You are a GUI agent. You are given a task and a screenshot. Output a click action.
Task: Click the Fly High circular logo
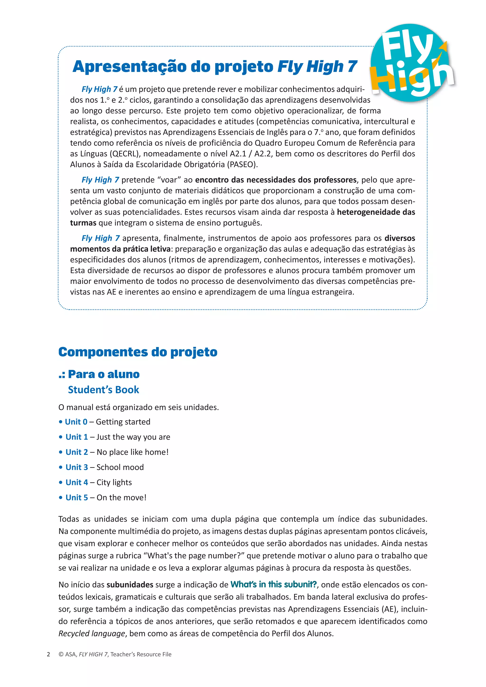pos(411,63)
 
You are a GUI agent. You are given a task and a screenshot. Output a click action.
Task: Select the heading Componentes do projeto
pos(138,352)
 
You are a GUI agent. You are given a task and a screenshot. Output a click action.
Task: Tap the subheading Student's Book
pos(103,390)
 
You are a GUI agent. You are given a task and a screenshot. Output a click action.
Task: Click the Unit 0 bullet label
pos(76,422)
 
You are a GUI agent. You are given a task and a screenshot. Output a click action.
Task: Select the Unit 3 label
pos(77,467)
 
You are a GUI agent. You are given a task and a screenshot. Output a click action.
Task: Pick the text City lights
pos(114,482)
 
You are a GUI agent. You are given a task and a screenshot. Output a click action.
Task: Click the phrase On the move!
pos(121,498)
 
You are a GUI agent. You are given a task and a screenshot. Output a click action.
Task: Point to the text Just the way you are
pos(133,437)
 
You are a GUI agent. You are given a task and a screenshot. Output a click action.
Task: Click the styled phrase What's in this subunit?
pos(273,585)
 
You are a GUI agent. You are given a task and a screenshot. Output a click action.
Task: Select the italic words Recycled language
pos(92,634)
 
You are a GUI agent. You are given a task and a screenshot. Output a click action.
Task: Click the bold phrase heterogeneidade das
pos(376,212)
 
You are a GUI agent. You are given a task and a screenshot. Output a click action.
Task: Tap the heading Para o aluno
pos(103,374)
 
